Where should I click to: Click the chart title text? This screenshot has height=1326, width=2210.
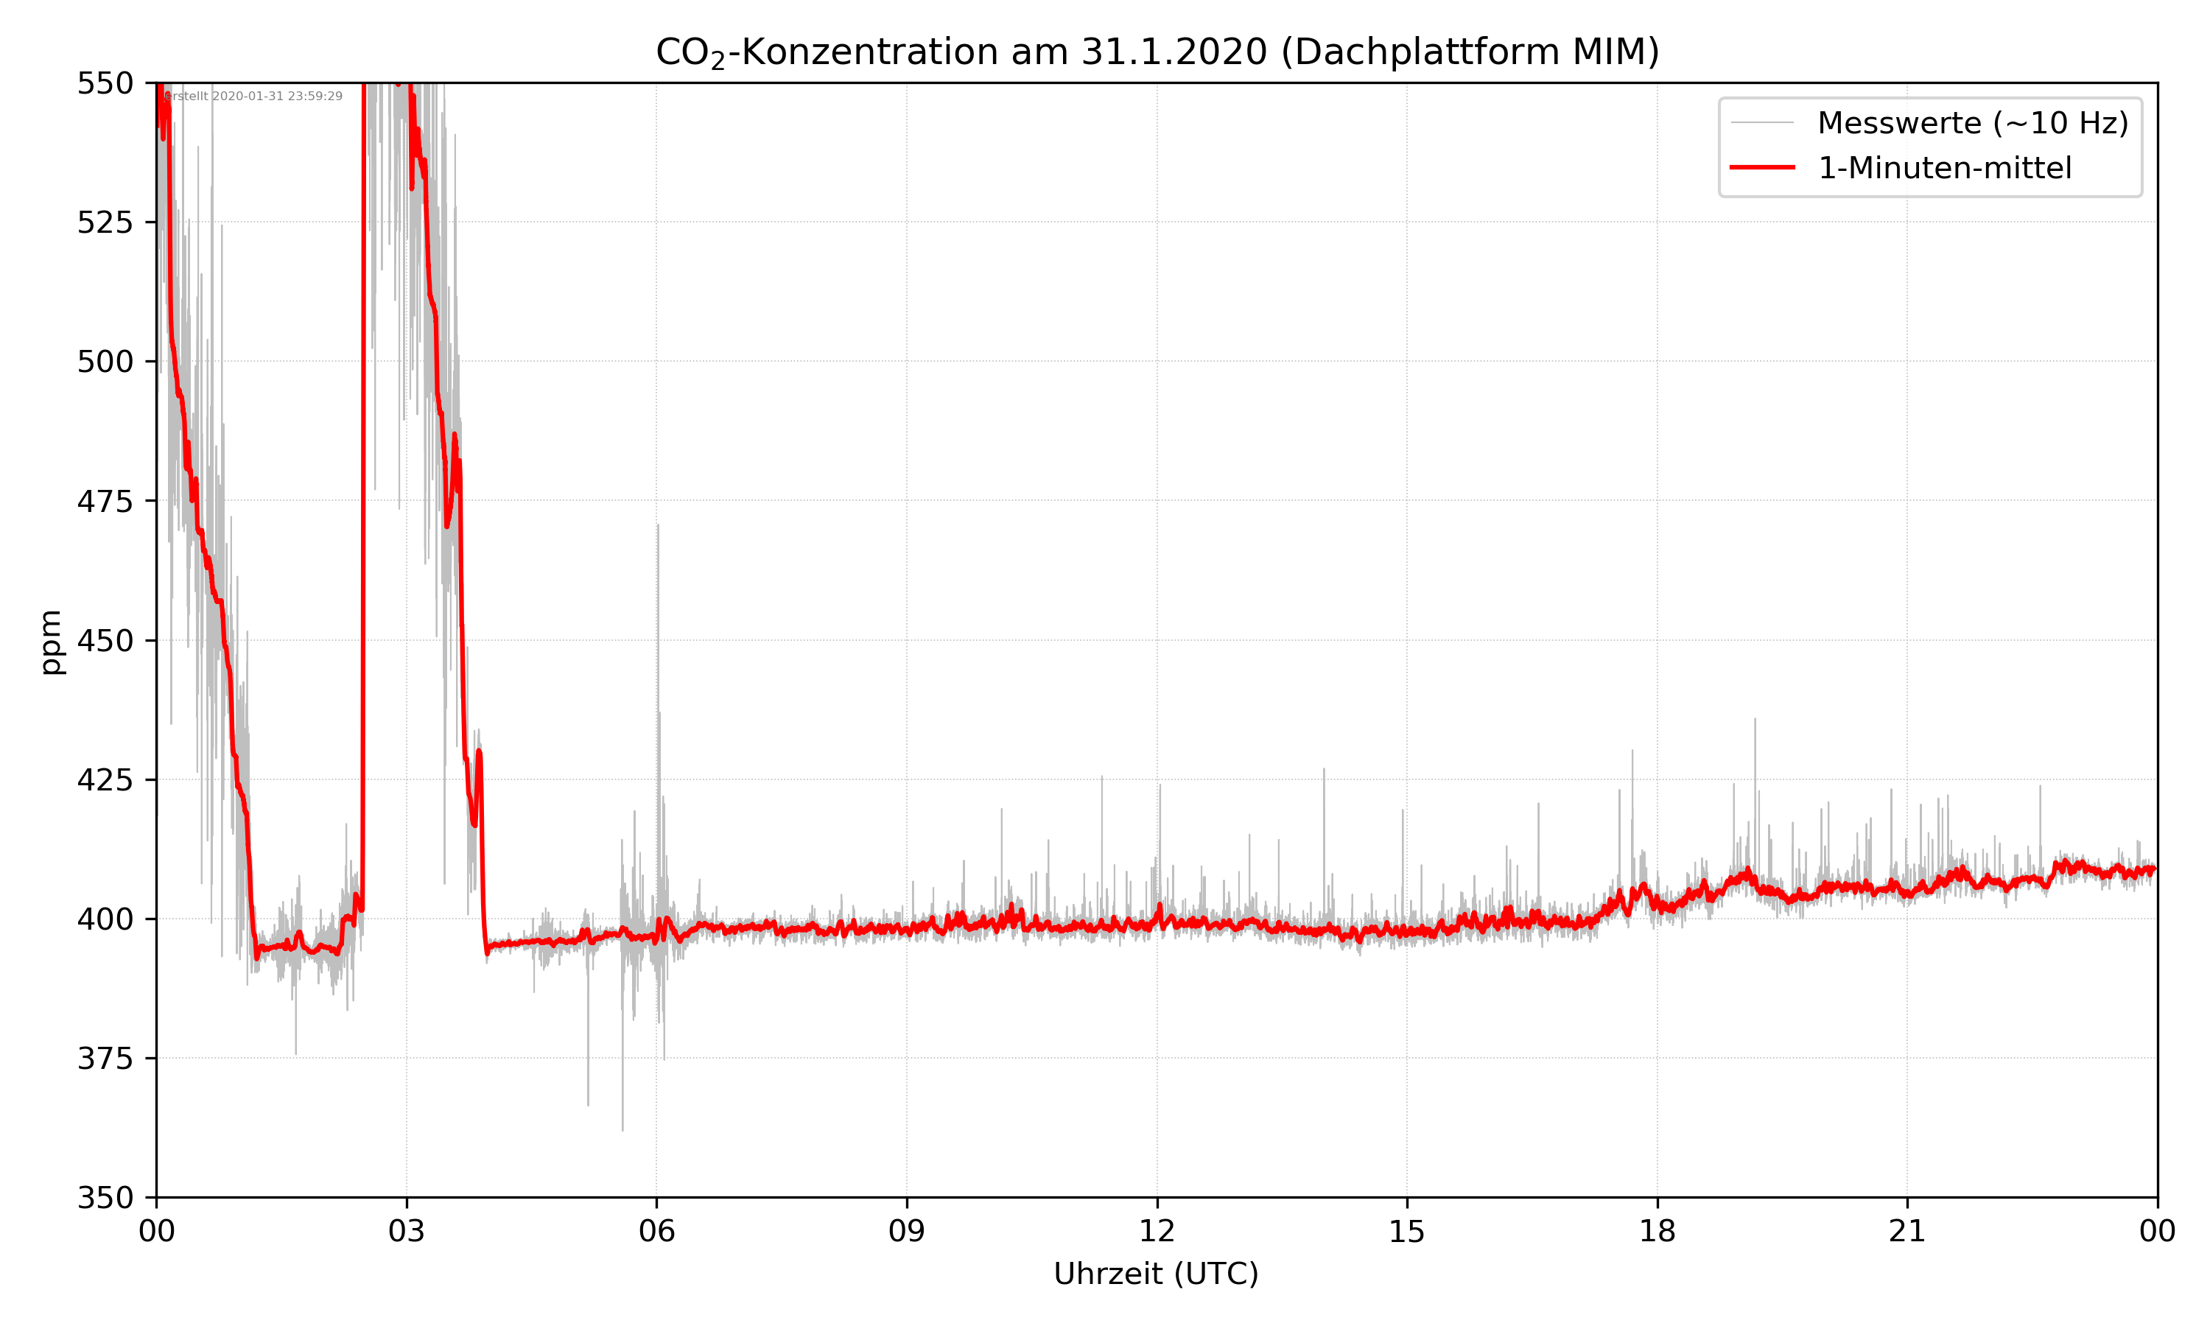pyautogui.click(x=1157, y=52)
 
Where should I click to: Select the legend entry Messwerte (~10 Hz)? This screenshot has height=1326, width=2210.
pyautogui.click(x=1972, y=123)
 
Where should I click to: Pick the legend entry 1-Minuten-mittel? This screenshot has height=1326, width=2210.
pyautogui.click(x=1944, y=168)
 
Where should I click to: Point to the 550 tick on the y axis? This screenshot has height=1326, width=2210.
pyautogui.click(x=105, y=83)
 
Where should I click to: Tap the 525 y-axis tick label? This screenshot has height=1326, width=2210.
pyautogui.click(x=105, y=222)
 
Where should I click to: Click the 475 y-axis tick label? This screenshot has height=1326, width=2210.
pyautogui.click(x=105, y=501)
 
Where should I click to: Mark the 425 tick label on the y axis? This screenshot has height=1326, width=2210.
pyautogui.click(x=105, y=780)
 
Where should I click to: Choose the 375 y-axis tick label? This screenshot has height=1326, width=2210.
pyautogui.click(x=105, y=1059)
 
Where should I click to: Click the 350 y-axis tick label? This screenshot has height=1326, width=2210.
pyautogui.click(x=105, y=1199)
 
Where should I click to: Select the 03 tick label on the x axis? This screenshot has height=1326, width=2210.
pyautogui.click(x=407, y=1231)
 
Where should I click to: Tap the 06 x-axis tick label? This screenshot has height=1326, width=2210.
pyautogui.click(x=656, y=1231)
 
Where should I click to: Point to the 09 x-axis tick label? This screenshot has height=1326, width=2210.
pyautogui.click(x=907, y=1231)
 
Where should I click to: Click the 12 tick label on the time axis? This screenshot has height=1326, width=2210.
pyautogui.click(x=1157, y=1231)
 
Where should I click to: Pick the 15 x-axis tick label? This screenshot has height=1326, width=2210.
pyautogui.click(x=1407, y=1231)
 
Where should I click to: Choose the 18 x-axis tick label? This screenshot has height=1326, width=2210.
pyautogui.click(x=1657, y=1231)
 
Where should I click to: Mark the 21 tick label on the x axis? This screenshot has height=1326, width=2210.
pyautogui.click(x=1907, y=1231)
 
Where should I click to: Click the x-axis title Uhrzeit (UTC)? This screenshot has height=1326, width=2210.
pyautogui.click(x=1156, y=1274)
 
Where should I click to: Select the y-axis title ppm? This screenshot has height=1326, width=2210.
pyautogui.click(x=51, y=642)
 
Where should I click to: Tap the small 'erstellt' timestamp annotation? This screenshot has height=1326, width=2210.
pyautogui.click(x=253, y=97)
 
